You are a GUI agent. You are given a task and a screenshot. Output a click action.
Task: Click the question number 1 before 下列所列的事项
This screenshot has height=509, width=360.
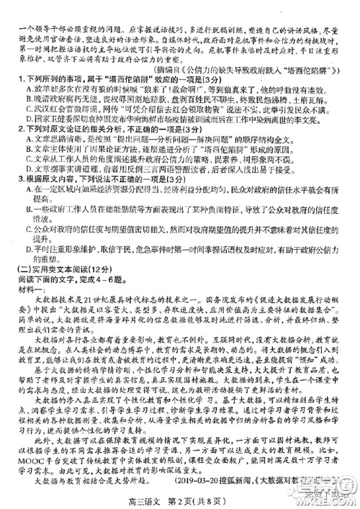[18, 77]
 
